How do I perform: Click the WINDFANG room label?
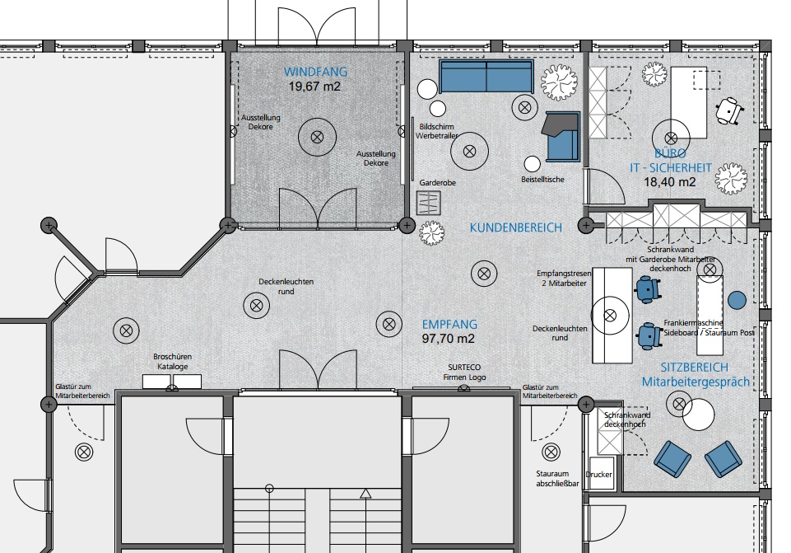tap(315, 72)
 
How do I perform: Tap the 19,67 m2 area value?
tap(314, 87)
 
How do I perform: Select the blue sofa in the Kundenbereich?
tap(486, 77)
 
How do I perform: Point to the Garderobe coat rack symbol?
tap(429, 203)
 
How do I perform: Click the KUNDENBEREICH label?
tap(515, 227)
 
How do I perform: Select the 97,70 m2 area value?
tap(449, 339)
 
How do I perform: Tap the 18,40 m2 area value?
tap(670, 182)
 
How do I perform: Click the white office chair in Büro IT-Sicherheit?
tap(729, 110)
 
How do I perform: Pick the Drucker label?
tap(598, 474)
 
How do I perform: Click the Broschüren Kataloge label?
tap(173, 362)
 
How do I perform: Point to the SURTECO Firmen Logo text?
tap(464, 373)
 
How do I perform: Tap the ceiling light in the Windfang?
tap(318, 136)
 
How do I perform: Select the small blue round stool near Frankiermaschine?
tap(737, 300)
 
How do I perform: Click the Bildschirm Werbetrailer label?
tap(437, 131)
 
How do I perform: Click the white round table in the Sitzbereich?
tap(699, 414)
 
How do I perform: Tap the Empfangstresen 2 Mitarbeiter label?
tap(564, 279)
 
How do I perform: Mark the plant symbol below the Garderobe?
tap(432, 232)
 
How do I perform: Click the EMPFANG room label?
tap(449, 324)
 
